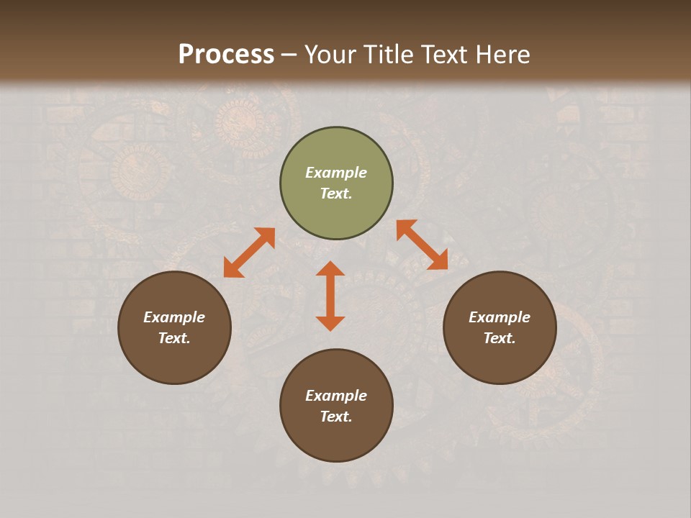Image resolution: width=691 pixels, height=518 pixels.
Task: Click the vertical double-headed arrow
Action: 330,296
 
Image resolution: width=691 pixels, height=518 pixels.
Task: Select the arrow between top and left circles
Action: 249,253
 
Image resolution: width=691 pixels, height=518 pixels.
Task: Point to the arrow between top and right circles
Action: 422,245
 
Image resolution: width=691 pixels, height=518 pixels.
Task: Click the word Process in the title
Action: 226,54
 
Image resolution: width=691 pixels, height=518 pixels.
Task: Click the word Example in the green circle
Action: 336,173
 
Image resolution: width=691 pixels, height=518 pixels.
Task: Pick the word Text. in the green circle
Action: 336,194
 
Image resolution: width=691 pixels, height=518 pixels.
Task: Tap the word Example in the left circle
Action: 174,317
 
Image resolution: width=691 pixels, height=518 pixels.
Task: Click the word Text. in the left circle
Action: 174,338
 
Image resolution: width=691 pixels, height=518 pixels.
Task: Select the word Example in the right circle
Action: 500,317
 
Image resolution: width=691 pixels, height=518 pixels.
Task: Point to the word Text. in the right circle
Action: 500,338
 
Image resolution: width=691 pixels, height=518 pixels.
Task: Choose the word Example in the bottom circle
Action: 336,396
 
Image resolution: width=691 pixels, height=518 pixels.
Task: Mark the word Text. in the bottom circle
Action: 336,417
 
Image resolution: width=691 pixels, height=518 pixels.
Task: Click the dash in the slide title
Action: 289,55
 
